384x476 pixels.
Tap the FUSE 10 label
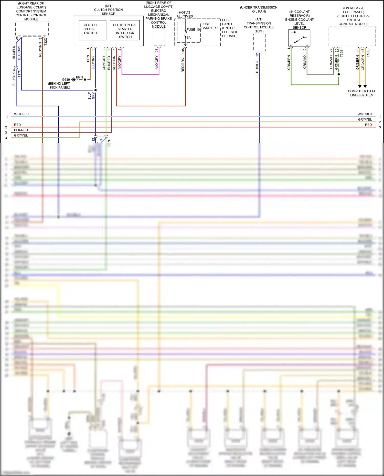click(193, 30)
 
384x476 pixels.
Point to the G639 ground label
click(66, 80)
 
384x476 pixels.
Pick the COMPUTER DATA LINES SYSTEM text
click(361, 93)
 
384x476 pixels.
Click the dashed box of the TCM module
click(259, 42)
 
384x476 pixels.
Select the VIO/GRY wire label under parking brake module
click(157, 62)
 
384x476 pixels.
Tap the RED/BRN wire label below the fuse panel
click(183, 65)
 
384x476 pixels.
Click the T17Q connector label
click(19, 73)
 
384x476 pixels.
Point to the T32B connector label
click(342, 53)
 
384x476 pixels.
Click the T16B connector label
click(368, 53)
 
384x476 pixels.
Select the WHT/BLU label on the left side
click(21, 114)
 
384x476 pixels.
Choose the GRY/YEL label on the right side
click(365, 119)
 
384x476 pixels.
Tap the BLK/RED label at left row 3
click(21, 130)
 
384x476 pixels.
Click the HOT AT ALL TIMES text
click(185, 14)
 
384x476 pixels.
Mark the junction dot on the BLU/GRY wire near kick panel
click(95, 90)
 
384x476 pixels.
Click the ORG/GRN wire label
click(363, 63)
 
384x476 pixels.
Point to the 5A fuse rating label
click(189, 38)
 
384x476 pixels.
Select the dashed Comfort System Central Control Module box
click(32, 28)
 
